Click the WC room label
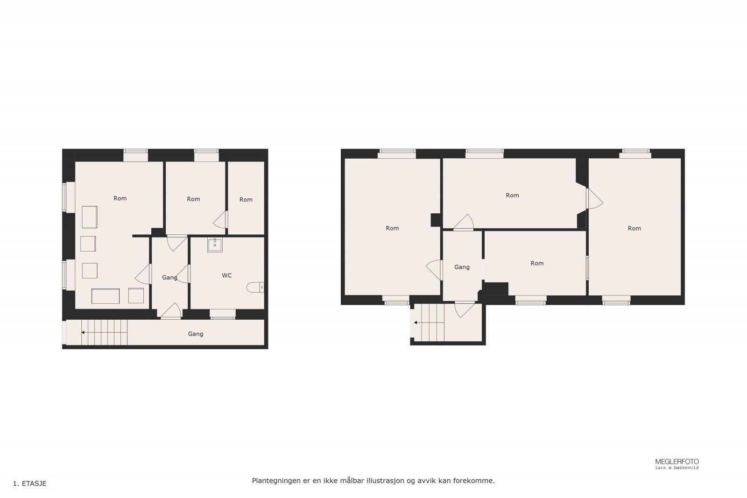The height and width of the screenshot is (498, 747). click(227, 275)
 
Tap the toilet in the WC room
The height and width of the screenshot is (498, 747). click(255, 287)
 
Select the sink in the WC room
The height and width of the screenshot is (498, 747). click(215, 245)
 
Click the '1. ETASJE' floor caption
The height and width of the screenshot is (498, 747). click(30, 484)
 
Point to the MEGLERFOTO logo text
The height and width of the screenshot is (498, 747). click(677, 462)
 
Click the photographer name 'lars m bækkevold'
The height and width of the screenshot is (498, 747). click(677, 468)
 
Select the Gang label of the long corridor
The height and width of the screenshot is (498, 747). click(196, 334)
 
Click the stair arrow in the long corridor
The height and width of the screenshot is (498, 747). click(83, 332)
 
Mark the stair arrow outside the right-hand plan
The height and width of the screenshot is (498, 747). click(416, 322)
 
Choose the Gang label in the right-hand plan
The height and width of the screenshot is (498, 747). click(462, 267)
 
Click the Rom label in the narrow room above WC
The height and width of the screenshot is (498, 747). click(246, 199)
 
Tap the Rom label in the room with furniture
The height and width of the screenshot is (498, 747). click(120, 198)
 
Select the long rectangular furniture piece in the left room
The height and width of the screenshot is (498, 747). click(106, 296)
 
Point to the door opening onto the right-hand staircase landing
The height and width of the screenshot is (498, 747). click(465, 309)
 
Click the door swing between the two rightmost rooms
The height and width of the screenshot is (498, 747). click(594, 199)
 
